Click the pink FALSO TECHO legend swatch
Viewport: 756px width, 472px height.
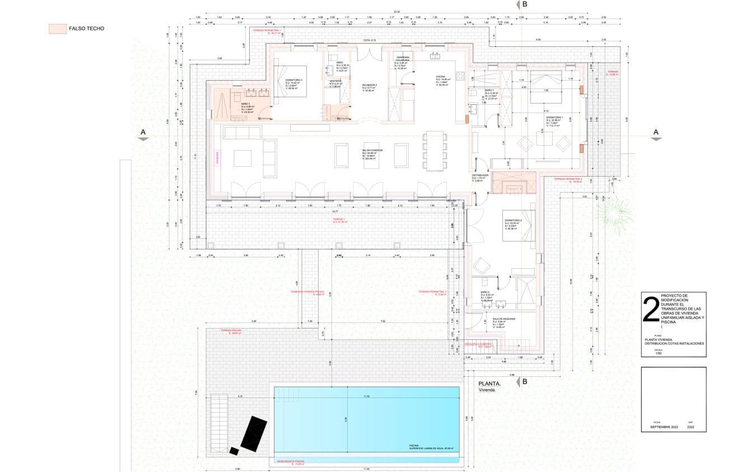[x=57, y=29]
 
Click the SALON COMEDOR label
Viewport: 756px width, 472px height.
[x=373, y=151]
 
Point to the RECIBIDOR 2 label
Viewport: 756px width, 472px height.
[x=370, y=85]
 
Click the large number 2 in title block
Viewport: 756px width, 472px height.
[x=651, y=310]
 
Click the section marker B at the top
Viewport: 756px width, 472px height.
[x=525, y=4]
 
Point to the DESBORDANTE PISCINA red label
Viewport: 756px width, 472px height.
[x=291, y=462]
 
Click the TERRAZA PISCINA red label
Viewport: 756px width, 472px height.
[x=234, y=331]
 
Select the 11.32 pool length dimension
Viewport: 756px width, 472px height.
[x=366, y=396]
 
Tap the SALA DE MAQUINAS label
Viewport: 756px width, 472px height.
[x=504, y=319]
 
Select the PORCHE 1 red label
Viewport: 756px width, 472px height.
[x=340, y=221]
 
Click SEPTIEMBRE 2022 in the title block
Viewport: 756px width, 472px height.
[x=664, y=427]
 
